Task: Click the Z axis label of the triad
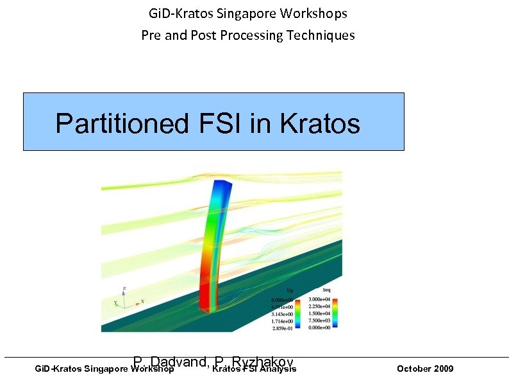(124, 288)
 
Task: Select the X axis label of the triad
(142, 301)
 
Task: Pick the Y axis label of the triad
(115, 303)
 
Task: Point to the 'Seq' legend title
(326, 291)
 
